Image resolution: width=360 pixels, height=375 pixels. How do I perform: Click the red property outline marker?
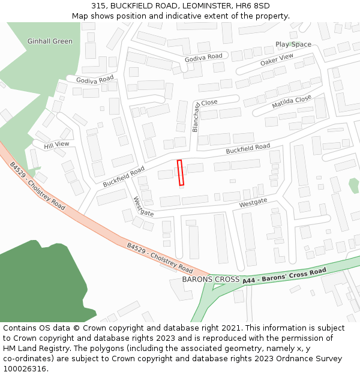[x=181, y=173]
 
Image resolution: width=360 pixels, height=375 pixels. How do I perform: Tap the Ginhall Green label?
[x=50, y=41]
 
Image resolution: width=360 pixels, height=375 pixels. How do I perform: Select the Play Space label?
[x=293, y=44]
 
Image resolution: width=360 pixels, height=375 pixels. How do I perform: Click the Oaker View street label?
[x=277, y=59]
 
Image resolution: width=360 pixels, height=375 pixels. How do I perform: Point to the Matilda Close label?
[x=292, y=102]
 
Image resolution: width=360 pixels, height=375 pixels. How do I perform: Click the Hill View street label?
[x=57, y=145]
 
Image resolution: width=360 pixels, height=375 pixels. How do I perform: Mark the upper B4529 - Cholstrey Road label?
[x=38, y=185]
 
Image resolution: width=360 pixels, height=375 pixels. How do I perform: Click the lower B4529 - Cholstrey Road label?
[x=160, y=257]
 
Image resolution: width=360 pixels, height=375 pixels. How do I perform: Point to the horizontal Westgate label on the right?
[x=253, y=204]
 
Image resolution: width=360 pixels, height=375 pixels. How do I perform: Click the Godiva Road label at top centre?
[x=203, y=56]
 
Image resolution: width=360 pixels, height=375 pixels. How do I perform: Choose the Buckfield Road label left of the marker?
[x=124, y=176]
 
